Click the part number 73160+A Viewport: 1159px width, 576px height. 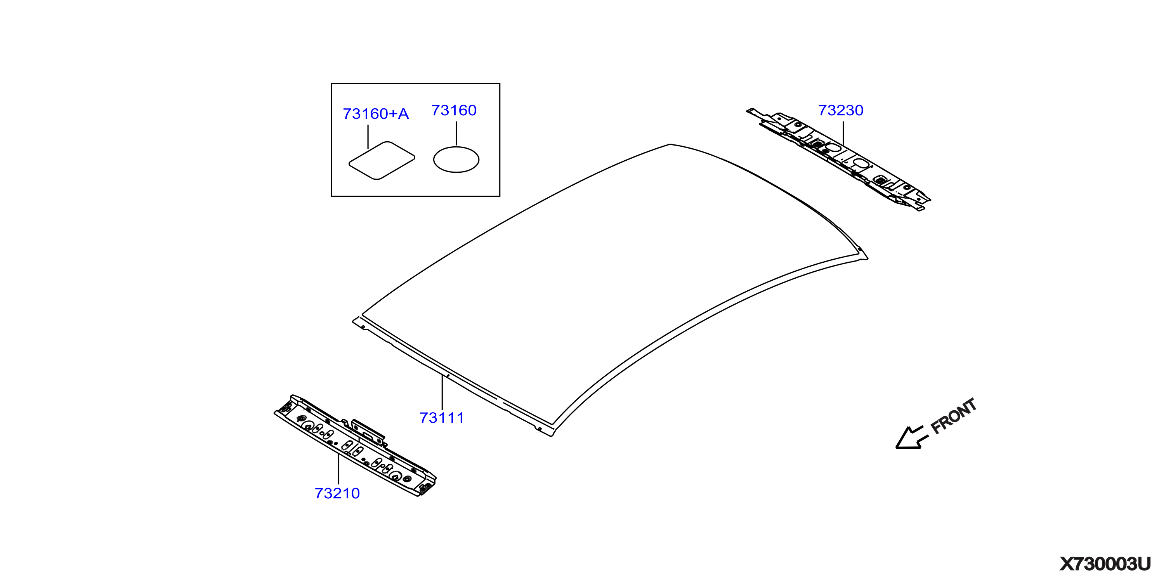point(376,114)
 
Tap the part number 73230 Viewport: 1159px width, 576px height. point(840,110)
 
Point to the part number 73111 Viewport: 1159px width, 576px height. point(442,418)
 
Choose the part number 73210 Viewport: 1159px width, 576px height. point(337,493)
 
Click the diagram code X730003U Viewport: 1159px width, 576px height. point(1105,564)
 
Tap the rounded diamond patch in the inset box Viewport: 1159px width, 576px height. point(382,161)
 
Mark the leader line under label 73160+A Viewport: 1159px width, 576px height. point(368,137)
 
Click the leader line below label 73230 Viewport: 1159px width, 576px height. point(843,133)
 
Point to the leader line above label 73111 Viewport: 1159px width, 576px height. point(442,392)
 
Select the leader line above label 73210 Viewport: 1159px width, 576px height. point(338,469)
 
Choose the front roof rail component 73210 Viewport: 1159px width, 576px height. point(355,446)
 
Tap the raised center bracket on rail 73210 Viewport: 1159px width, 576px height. point(368,431)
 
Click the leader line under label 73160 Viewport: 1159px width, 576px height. point(456,133)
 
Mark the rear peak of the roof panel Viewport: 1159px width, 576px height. point(670,144)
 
